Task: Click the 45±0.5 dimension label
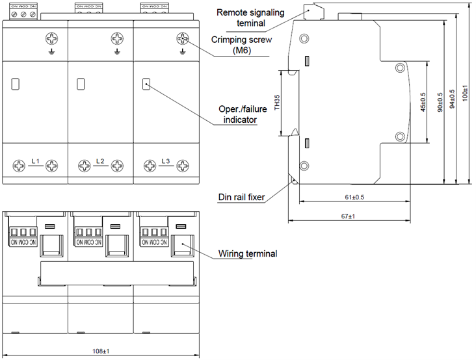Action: tap(423, 103)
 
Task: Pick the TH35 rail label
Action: tap(276, 103)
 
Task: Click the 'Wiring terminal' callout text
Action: tap(248, 253)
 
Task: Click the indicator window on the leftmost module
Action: tap(16, 83)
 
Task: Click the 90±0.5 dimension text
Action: tap(440, 103)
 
